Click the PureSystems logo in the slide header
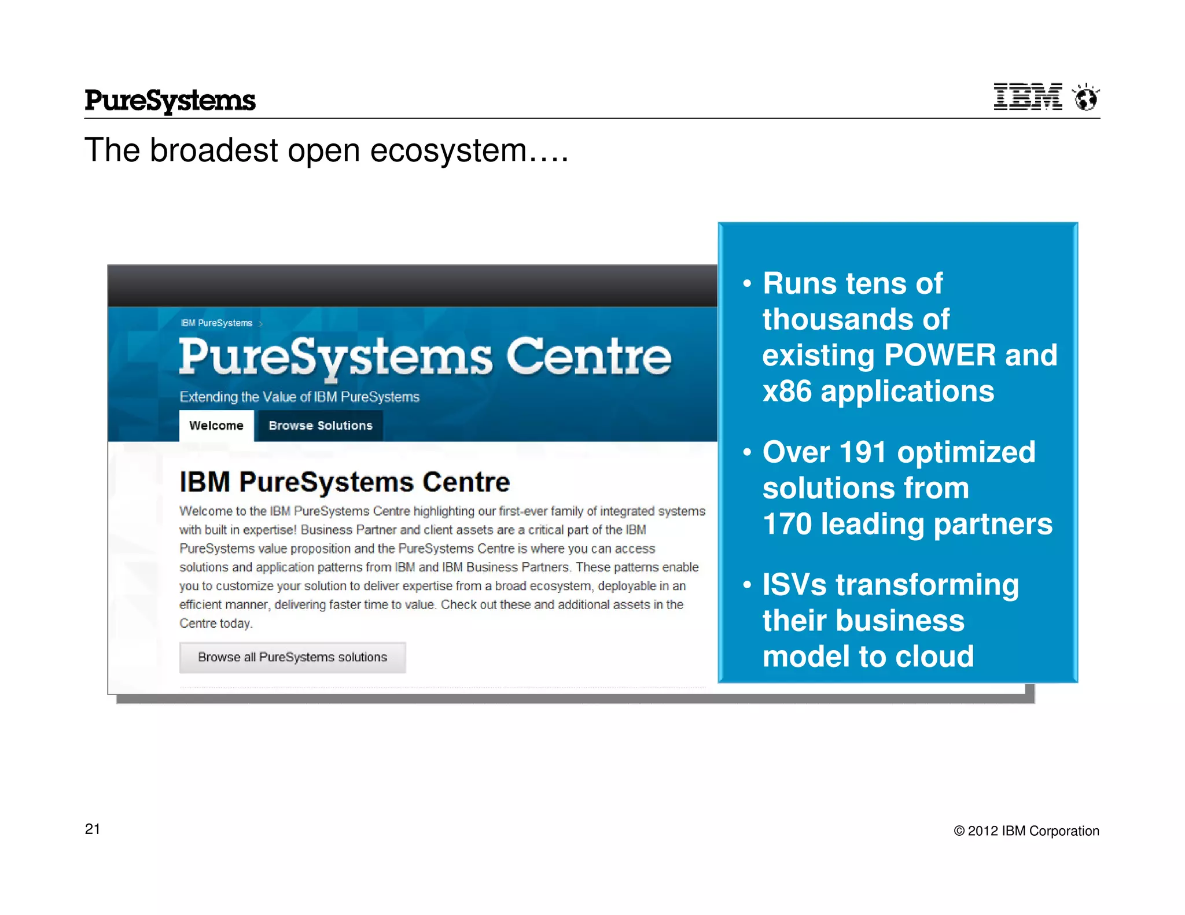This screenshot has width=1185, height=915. pyautogui.click(x=170, y=101)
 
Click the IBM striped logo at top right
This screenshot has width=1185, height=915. pyautogui.click(x=1028, y=97)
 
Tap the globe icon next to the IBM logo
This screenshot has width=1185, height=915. pyautogui.click(x=1085, y=97)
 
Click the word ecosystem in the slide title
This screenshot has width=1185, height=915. pyautogui.click(x=448, y=151)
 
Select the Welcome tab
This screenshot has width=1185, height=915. pyautogui.click(x=216, y=426)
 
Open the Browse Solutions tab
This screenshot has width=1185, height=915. pyautogui.click(x=320, y=426)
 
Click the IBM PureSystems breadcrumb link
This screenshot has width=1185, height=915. pyautogui.click(x=216, y=323)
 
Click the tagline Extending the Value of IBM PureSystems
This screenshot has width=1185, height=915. pyautogui.click(x=299, y=397)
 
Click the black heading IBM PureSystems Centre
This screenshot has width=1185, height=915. pyautogui.click(x=344, y=482)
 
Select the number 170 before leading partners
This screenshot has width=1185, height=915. pyautogui.click(x=787, y=524)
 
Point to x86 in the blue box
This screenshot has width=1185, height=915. pyautogui.click(x=787, y=392)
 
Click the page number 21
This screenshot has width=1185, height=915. pyautogui.click(x=93, y=829)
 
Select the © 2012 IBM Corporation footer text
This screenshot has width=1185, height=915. pyautogui.click(x=1026, y=831)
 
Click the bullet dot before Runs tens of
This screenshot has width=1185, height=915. pyautogui.click(x=747, y=284)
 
